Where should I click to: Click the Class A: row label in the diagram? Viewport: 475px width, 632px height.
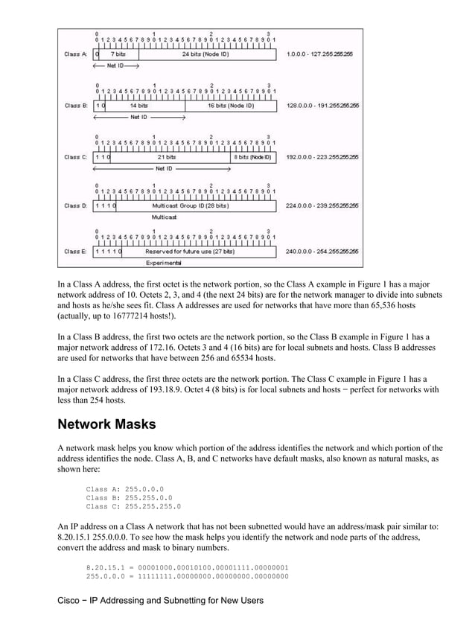tap(75, 54)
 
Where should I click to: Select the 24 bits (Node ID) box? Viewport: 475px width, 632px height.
tap(205, 54)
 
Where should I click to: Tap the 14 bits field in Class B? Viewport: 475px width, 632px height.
tap(138, 106)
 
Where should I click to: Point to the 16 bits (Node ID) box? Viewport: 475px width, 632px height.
tap(230, 106)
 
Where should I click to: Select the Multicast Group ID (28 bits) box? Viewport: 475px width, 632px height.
tap(190, 205)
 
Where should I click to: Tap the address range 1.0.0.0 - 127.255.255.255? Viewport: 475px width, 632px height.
tap(319, 54)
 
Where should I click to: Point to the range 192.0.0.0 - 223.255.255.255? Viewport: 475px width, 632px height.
tap(322, 157)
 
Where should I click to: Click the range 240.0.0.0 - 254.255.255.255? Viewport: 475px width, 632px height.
tap(322, 252)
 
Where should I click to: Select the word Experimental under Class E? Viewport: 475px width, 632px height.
tap(163, 263)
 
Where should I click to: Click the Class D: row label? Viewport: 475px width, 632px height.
tap(75, 205)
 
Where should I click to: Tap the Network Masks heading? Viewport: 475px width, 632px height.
tap(106, 425)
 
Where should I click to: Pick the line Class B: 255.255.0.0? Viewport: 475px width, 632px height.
tap(129, 497)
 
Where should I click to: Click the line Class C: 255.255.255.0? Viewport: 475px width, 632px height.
tap(133, 506)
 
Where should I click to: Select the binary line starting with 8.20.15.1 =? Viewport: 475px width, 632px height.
tap(187, 567)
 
